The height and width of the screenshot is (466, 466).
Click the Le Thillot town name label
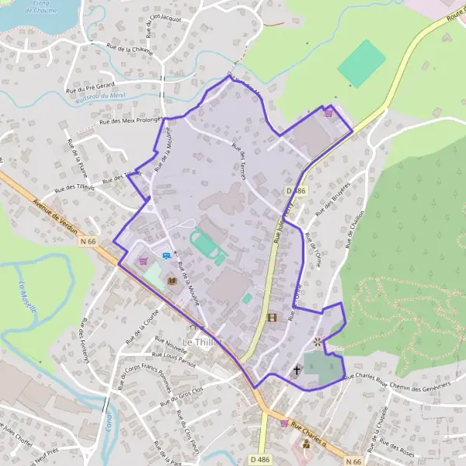click(x=201, y=342)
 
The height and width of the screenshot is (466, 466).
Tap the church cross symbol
click(x=297, y=371)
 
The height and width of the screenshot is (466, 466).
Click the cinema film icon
click(x=271, y=317)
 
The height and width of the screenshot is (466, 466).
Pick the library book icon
click(x=172, y=280)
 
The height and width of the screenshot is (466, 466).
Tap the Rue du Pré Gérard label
click(x=91, y=84)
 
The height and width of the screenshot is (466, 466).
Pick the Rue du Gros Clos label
click(x=179, y=396)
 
